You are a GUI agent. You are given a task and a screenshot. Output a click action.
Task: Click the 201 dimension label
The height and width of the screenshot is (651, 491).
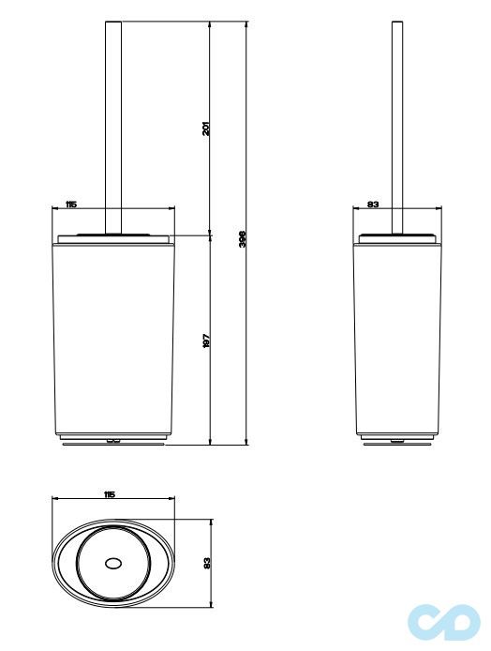click(205, 128)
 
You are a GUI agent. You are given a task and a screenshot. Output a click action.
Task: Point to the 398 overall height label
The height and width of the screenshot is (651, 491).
click(242, 240)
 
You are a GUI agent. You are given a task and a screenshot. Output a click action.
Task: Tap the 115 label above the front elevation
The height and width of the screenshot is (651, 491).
click(71, 204)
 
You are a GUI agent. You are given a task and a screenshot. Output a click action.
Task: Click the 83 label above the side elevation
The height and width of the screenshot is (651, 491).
click(372, 204)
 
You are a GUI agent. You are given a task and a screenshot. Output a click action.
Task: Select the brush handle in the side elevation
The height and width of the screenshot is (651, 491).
click(397, 122)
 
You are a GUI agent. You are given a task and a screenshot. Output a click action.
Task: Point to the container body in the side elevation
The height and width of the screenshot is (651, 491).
click(397, 338)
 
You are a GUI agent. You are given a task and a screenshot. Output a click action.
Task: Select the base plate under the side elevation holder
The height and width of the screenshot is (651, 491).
click(397, 441)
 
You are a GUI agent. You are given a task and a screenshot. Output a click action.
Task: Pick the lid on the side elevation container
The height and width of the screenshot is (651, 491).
click(397, 235)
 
